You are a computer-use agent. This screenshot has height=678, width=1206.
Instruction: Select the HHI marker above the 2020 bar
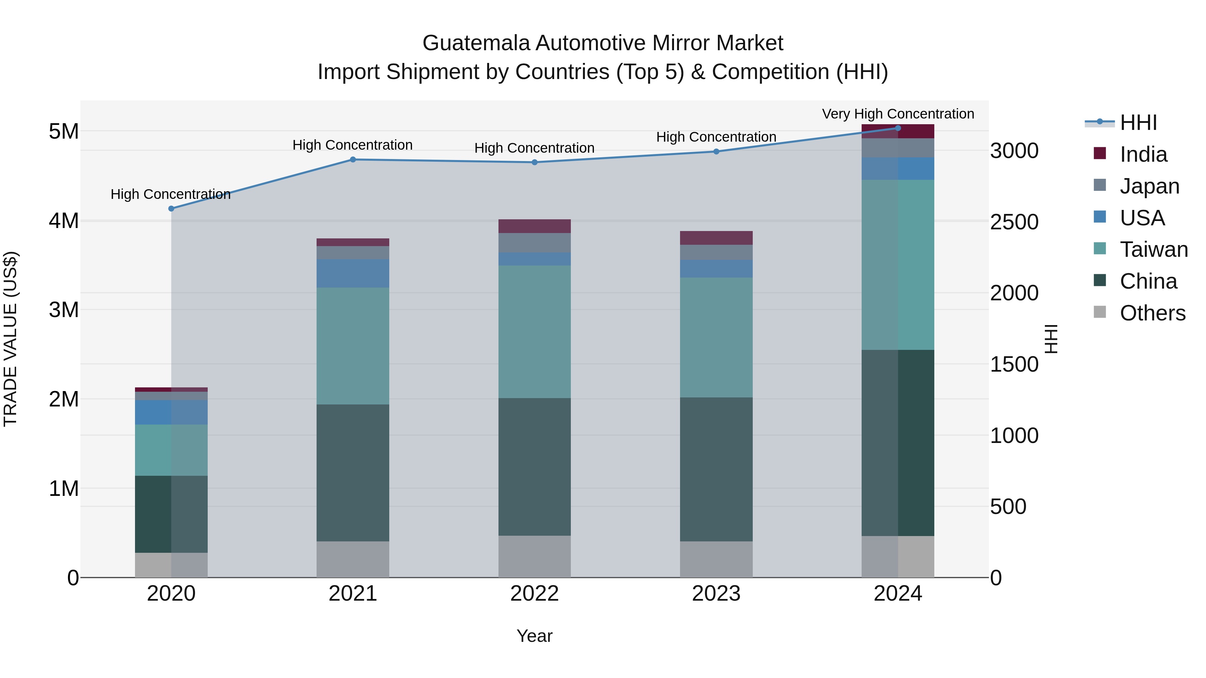[171, 209]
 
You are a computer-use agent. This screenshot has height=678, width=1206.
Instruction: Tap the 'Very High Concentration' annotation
[897, 114]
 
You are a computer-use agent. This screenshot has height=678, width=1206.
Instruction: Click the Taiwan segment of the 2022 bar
[534, 332]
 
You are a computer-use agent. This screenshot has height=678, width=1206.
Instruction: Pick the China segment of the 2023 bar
[716, 469]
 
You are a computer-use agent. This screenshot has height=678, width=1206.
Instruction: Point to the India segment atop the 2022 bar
[534, 226]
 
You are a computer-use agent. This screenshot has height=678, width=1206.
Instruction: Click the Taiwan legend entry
[1153, 249]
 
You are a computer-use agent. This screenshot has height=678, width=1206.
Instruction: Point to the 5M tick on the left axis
[64, 132]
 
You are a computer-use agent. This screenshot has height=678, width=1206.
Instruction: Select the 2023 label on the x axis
[716, 594]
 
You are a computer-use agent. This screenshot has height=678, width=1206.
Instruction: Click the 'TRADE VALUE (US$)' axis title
[10, 339]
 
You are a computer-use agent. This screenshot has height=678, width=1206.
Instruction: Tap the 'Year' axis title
[534, 636]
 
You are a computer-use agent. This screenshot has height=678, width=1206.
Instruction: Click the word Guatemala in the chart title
[476, 43]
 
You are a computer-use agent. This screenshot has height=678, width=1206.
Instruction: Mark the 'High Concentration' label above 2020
[171, 194]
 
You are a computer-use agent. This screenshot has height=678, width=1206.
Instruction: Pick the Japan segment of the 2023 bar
[716, 252]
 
